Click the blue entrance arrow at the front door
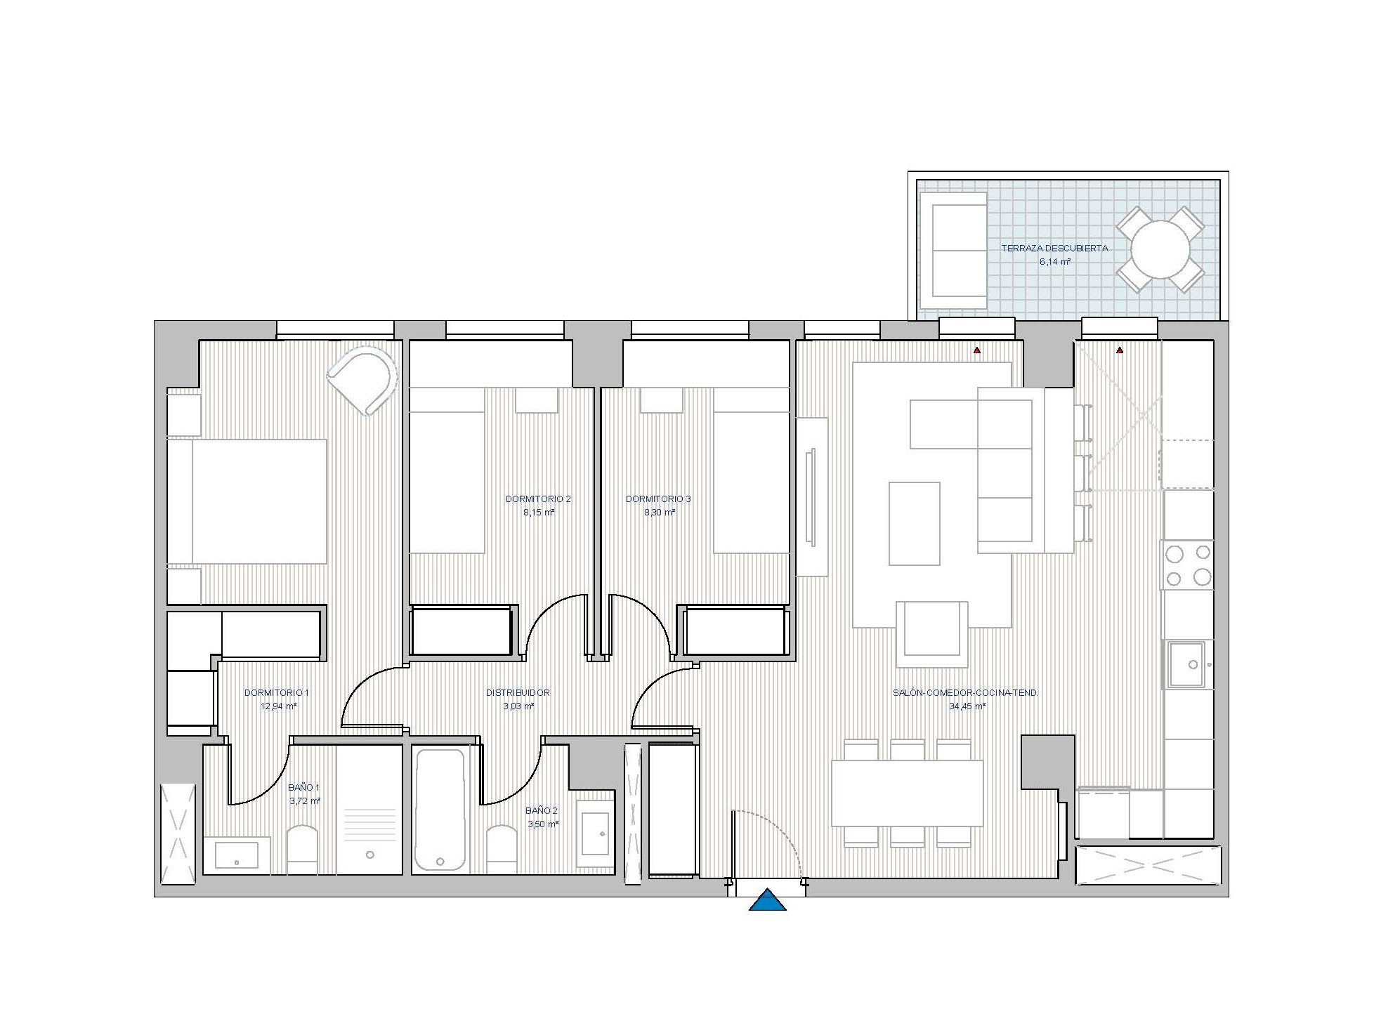[768, 900]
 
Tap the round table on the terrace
[1160, 249]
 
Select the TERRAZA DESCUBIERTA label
[1054, 248]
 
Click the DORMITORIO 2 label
[538, 499]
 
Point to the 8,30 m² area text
[660, 513]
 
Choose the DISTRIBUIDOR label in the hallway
[518, 693]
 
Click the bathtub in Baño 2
[440, 810]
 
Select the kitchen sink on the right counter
[1187, 664]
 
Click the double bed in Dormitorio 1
[247, 501]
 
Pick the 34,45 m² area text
[967, 706]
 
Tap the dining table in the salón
[907, 793]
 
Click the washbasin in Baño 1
[237, 855]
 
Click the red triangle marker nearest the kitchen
[1120, 350]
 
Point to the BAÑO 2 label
[542, 810]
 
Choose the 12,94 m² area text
[278, 706]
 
